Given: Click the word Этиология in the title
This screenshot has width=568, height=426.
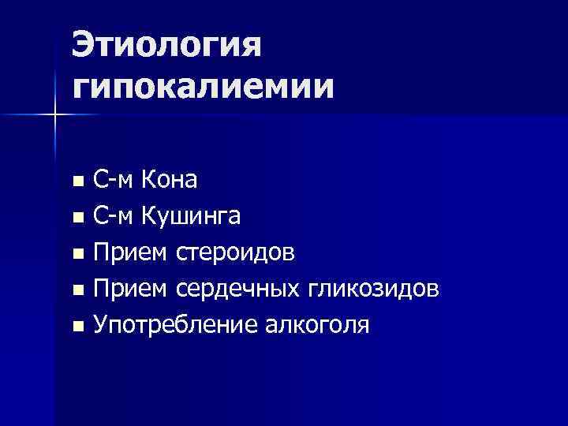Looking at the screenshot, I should [x=166, y=47].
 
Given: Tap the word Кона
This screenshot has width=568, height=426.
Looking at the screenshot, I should [x=169, y=181].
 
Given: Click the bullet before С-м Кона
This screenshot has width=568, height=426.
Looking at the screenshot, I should [x=77, y=182].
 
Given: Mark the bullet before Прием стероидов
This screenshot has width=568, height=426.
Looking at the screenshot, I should [x=77, y=255].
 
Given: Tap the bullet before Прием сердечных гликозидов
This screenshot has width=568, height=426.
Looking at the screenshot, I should [x=77, y=291].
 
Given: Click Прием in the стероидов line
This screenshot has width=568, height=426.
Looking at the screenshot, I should [x=130, y=253].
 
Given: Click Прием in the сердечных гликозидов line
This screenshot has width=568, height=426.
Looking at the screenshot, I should [x=130, y=290].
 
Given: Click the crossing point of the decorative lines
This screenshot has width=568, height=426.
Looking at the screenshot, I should [x=55, y=115].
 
